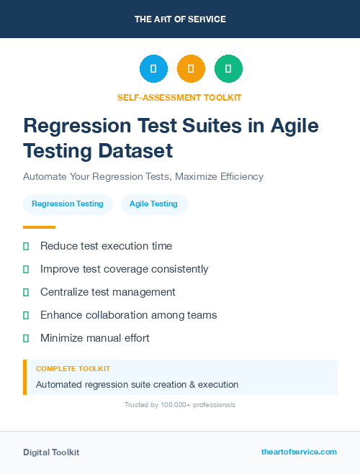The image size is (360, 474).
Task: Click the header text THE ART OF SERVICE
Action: tap(180, 19)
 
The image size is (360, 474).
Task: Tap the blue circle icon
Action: tap(153, 69)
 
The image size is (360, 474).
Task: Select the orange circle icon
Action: tap(191, 69)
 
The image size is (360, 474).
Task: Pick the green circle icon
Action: tap(228, 69)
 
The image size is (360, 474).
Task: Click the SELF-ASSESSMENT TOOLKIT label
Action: tap(180, 97)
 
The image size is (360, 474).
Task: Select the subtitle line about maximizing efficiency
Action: tap(143, 176)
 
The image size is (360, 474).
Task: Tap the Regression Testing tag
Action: tap(68, 204)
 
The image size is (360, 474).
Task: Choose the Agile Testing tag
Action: tap(153, 204)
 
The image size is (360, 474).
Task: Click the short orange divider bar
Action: tap(39, 227)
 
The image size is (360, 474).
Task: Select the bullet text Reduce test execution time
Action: tap(106, 246)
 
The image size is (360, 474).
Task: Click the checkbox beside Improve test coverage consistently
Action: tap(26, 269)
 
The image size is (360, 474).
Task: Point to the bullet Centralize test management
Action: tap(108, 292)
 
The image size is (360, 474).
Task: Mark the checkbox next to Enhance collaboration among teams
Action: tap(26, 315)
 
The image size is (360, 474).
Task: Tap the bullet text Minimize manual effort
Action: tap(94, 338)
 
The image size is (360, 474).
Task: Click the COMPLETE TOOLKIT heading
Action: tap(73, 368)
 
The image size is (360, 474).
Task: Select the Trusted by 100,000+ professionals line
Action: tap(180, 405)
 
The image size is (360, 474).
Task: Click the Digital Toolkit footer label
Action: tap(51, 452)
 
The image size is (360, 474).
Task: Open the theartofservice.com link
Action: tap(299, 452)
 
